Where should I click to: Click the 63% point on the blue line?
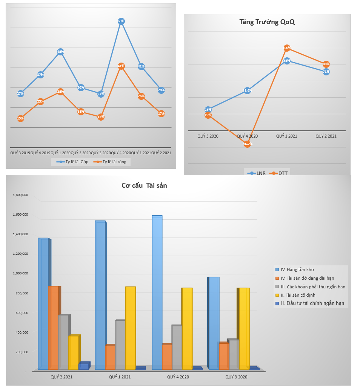click(x=121, y=21)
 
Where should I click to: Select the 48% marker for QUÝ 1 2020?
click(x=60, y=52)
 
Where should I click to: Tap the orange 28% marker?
click(x=60, y=92)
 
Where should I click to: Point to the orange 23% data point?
click(x=40, y=101)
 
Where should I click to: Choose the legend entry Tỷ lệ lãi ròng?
click(x=112, y=162)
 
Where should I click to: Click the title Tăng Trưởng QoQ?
click(x=267, y=22)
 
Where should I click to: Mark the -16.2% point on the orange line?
click(x=247, y=144)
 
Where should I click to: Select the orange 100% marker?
click(x=287, y=48)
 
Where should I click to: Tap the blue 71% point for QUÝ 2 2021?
click(x=326, y=72)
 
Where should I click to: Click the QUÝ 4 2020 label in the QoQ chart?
click(x=247, y=136)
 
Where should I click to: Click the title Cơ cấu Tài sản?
click(x=144, y=185)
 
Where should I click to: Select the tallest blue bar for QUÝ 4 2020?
click(x=157, y=292)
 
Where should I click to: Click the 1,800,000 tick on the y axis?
click(x=21, y=195)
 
